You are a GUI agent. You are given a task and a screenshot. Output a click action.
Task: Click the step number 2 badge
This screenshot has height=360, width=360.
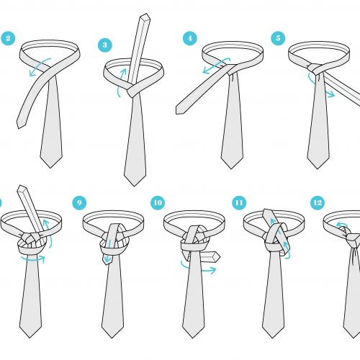click(8, 38)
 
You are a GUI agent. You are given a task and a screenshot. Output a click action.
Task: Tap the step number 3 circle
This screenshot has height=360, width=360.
click(105, 45)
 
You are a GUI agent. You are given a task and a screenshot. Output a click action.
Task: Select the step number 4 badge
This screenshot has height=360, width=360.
click(190, 38)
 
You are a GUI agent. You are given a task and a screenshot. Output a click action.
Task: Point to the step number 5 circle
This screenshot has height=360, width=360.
click(278, 38)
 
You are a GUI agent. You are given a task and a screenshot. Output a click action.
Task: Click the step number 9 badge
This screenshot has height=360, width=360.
click(79, 203)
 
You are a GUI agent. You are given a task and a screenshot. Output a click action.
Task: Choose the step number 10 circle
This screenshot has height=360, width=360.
click(158, 203)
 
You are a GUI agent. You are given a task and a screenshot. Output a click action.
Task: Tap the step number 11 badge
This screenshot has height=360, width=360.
click(239, 203)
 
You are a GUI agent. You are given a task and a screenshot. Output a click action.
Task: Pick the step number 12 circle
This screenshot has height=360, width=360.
click(318, 203)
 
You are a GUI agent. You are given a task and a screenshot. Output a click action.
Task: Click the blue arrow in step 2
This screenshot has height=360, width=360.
click(38, 66)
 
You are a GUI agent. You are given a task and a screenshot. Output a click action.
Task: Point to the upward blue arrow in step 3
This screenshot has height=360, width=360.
click(121, 81)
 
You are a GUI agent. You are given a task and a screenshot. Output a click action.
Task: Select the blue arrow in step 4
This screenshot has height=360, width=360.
click(216, 65)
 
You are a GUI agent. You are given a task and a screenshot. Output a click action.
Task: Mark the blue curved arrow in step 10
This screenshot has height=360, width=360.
click(197, 269)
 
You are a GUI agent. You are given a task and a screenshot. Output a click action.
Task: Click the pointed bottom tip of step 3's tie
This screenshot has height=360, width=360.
click(135, 186)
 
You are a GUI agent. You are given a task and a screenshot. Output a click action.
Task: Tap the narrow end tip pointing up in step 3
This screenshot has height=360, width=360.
click(145, 16)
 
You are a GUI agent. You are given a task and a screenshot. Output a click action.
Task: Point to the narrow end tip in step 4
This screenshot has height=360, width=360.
click(177, 110)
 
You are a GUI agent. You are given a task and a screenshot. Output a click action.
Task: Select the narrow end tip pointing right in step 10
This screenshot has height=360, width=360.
click(220, 257)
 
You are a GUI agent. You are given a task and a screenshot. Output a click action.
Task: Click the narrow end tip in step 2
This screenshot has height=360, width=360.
click(18, 126)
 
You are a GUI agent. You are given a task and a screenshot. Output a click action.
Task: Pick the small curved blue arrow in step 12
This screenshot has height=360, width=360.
click(341, 225)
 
